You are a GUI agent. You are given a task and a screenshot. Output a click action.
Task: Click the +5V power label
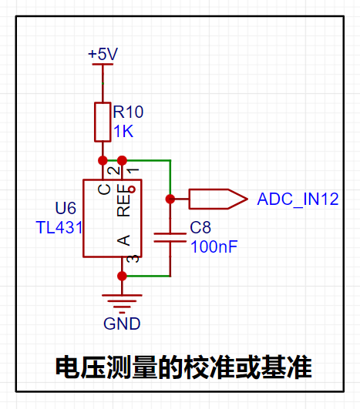(103, 54)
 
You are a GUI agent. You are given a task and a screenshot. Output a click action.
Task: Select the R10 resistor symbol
(103, 122)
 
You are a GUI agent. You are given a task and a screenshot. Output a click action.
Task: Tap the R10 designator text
(128, 112)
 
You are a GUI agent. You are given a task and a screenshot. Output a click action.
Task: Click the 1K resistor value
(123, 131)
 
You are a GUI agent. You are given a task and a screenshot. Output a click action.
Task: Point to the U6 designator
(66, 208)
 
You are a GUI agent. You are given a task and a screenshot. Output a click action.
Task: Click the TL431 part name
(59, 227)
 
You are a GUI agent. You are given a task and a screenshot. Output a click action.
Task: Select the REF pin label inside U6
(123, 200)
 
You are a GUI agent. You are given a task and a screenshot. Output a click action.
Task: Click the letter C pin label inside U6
(104, 189)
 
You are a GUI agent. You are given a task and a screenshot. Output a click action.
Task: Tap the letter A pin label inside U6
(123, 240)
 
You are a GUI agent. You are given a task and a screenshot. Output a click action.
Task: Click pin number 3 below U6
(133, 259)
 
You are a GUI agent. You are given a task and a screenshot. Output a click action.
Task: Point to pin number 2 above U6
(113, 170)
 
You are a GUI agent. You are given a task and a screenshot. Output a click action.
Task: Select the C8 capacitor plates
(170, 238)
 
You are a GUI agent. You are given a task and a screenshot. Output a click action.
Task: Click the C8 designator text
(200, 227)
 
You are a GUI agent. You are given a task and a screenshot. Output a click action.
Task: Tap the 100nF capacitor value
(214, 246)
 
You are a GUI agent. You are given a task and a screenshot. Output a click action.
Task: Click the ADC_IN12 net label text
(298, 199)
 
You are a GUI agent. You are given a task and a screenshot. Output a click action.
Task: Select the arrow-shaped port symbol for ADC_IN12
(218, 199)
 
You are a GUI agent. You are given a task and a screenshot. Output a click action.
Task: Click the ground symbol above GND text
(122, 304)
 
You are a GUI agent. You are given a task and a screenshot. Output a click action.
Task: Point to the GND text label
(122, 324)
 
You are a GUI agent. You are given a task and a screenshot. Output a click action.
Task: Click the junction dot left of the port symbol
(170, 199)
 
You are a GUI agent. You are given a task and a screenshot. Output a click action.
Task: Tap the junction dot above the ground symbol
(122, 276)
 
